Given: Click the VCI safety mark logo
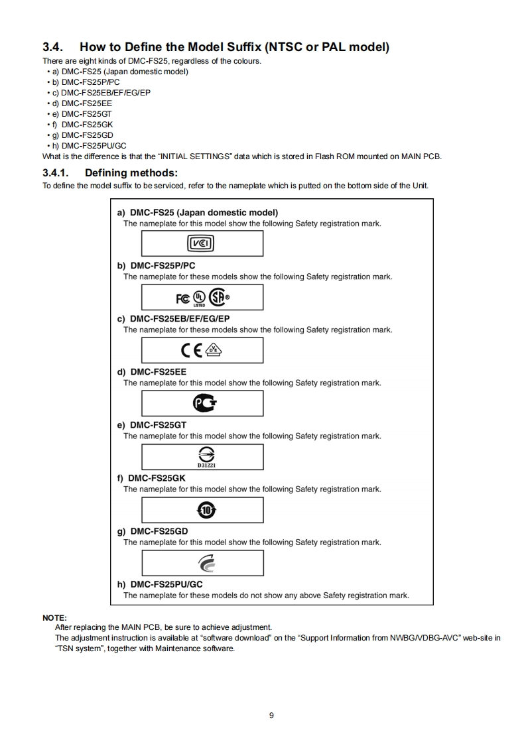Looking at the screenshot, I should pos(202,244).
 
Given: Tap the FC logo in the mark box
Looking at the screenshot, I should pos(182,298).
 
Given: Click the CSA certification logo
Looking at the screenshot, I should pos(217,298).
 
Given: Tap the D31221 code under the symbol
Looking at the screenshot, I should pos(202,465).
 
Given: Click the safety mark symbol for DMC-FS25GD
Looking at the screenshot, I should pos(203,563).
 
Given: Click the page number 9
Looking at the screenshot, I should pos(271,715).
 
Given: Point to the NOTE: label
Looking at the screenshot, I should pos(54,618).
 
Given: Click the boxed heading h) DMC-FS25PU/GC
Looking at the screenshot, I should pos(160,584).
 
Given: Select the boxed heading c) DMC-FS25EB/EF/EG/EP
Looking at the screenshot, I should pos(173,318).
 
